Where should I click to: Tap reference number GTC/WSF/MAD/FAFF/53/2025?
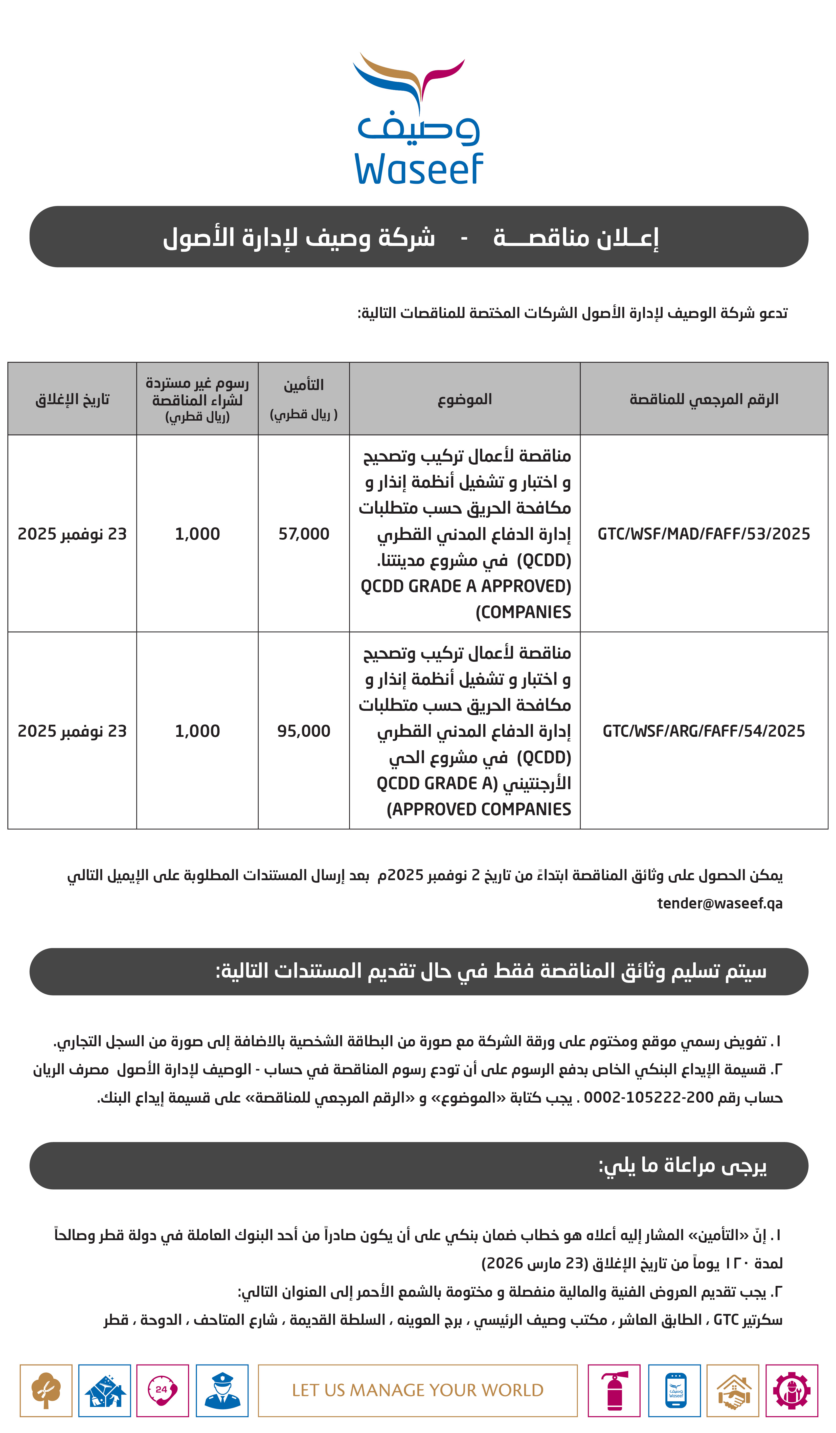click(x=704, y=534)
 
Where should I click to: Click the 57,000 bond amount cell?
click(x=304, y=534)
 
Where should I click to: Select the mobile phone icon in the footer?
click(x=674, y=1390)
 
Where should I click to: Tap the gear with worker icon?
click(x=792, y=1390)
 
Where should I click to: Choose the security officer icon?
click(x=222, y=1390)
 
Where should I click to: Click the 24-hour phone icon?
click(x=163, y=1390)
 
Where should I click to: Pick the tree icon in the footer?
click(x=46, y=1390)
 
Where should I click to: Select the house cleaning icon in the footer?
click(x=105, y=1390)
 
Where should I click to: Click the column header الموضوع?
click(x=465, y=399)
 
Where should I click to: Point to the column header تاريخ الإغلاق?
click(x=72, y=399)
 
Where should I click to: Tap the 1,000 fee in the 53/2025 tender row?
click(x=197, y=534)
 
